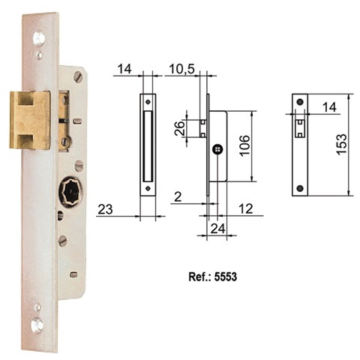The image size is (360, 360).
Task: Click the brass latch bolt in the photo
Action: click(x=31, y=119)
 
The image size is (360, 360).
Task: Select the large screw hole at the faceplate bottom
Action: click(x=37, y=324)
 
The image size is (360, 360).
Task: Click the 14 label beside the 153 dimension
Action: click(x=328, y=108)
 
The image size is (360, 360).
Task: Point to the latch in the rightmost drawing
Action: click(x=300, y=125)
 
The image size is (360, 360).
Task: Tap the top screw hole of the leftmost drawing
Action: click(x=148, y=102)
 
